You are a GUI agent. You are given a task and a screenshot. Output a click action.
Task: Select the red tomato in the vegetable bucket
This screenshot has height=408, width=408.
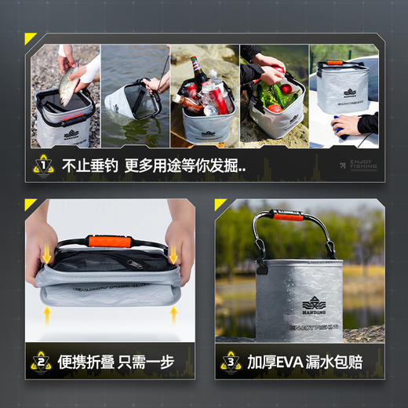[286, 89]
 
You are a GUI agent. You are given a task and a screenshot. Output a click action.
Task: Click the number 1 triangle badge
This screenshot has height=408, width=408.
[42, 166]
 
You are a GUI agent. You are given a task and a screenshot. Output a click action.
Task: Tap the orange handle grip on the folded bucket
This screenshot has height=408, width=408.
[104, 242]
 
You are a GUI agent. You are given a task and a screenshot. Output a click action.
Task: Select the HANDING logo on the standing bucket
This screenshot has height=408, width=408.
[314, 304]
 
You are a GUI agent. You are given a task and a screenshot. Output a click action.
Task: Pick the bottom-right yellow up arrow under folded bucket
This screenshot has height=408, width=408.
[173, 315]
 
